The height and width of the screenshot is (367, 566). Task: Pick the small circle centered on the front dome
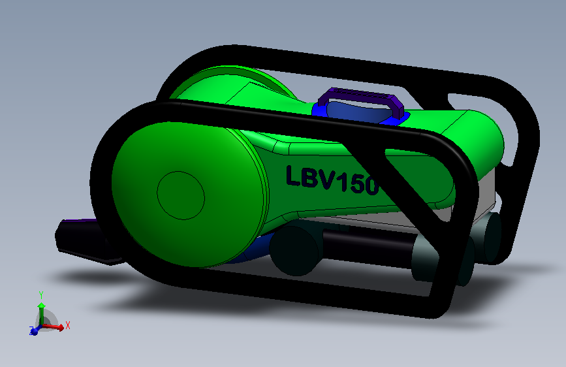click(181, 195)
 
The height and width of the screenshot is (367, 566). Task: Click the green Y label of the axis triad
click(40, 294)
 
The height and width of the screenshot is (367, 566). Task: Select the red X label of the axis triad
click(67, 324)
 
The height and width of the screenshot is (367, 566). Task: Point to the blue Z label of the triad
click(31, 332)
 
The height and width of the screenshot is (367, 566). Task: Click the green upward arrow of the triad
click(41, 310)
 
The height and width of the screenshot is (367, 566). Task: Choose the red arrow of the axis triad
click(55, 326)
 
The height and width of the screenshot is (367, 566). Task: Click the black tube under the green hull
click(366, 246)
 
